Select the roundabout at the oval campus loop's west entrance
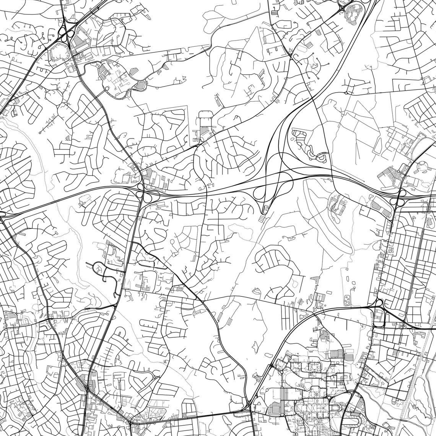pos(107,89)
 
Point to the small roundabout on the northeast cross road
pos(346,92)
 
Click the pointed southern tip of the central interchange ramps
pos(264,213)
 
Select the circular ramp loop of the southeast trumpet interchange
pos(379,304)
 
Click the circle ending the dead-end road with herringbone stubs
pos(40,132)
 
